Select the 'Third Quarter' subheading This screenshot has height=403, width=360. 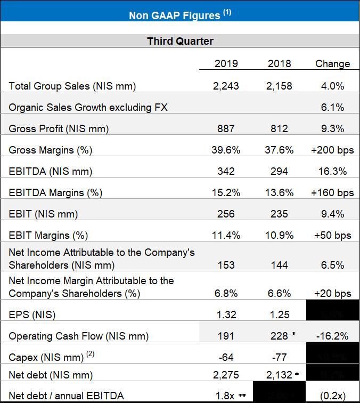pyautogui.click(x=180, y=41)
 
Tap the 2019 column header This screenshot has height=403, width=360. pyautogui.click(x=226, y=63)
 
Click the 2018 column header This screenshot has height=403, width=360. pyautogui.click(x=280, y=63)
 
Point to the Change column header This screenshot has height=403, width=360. pyautogui.click(x=333, y=63)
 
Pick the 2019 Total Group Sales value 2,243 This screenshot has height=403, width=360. pyautogui.click(x=226, y=86)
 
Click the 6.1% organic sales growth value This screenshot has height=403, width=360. pyautogui.click(x=333, y=107)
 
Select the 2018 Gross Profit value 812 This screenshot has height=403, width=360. pyautogui.click(x=280, y=128)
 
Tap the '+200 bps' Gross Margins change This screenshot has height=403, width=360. pyautogui.click(x=333, y=150)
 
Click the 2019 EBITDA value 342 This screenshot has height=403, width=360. pyautogui.click(x=226, y=171)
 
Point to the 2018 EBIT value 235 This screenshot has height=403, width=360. pyautogui.click(x=280, y=214)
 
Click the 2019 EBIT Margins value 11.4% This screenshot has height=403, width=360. pyautogui.click(x=226, y=235)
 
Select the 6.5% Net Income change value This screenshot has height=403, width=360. pyautogui.click(x=333, y=265)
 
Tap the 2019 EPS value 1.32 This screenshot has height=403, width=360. pyautogui.click(x=226, y=315)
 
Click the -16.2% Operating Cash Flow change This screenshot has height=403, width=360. pyautogui.click(x=333, y=336)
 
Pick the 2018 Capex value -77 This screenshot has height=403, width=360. pyautogui.click(x=280, y=356)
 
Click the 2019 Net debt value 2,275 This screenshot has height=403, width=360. pyautogui.click(x=226, y=375)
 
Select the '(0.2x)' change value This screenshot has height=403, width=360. pyautogui.click(x=333, y=395)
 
